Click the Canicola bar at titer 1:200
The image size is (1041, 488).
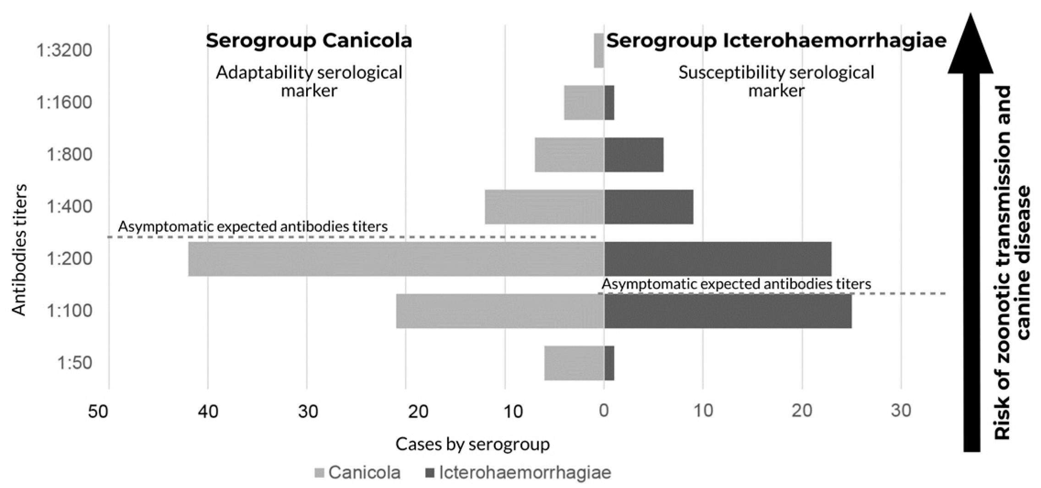pyautogui.click(x=396, y=259)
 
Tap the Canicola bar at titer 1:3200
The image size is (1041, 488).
pyautogui.click(x=599, y=50)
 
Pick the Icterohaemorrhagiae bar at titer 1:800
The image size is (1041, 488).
pyautogui.click(x=634, y=155)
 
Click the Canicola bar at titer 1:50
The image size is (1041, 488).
pyautogui.click(x=574, y=363)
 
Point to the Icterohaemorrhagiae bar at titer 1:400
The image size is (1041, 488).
pyautogui.click(x=648, y=207)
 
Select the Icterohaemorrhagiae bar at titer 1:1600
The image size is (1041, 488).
pyautogui.click(x=609, y=103)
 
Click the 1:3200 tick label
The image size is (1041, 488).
pyautogui.click(x=64, y=50)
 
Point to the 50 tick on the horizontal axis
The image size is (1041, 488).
pyautogui.click(x=99, y=411)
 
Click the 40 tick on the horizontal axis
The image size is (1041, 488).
pyautogui.click(x=208, y=411)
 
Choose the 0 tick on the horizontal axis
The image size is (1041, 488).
pyautogui.click(x=604, y=411)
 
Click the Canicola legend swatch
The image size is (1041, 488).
pyautogui.click(x=319, y=473)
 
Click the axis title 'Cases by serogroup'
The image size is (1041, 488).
pyautogui.click(x=472, y=444)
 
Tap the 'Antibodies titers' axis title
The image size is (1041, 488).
pyautogui.click(x=19, y=250)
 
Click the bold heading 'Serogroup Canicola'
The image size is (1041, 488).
pyautogui.click(x=309, y=40)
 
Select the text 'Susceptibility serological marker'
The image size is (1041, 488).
pyautogui.click(x=776, y=81)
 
